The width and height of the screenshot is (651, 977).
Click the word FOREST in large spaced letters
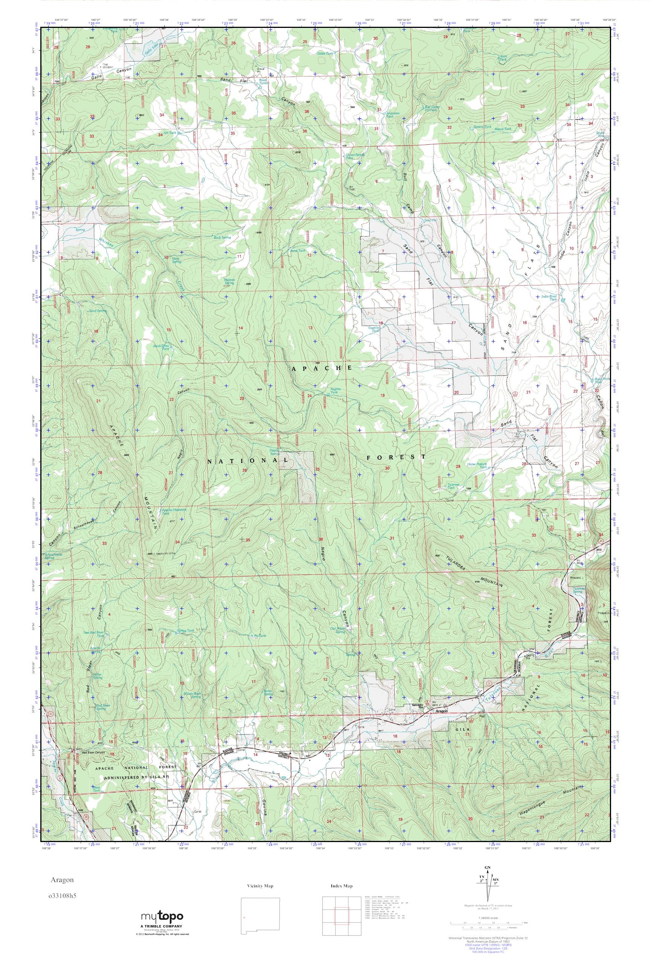tap(396, 457)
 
